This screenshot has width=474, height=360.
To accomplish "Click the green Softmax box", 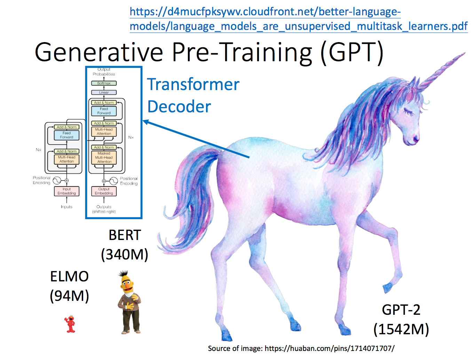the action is click(x=104, y=83).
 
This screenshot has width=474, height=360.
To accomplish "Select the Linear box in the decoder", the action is click(x=104, y=93).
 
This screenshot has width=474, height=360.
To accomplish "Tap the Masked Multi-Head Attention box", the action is click(x=104, y=157).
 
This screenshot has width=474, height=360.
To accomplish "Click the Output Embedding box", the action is click(x=104, y=191).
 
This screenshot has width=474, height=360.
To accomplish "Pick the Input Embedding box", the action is click(x=66, y=191).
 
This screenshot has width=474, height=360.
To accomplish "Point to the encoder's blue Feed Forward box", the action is click(x=66, y=135).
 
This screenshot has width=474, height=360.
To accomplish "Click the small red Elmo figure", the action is click(x=70, y=324).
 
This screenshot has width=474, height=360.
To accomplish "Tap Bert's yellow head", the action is click(x=127, y=283).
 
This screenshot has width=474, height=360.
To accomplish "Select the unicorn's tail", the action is click(x=190, y=199).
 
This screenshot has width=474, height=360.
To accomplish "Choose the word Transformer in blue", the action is click(x=193, y=85).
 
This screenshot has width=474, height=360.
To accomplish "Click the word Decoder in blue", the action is click(x=179, y=107).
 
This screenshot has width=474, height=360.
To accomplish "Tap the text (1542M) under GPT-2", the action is click(x=401, y=329).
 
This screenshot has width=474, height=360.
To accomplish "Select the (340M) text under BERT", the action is click(x=125, y=255).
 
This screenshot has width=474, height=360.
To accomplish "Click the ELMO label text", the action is click(x=69, y=277).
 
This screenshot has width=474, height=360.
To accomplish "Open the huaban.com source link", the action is click(x=330, y=348).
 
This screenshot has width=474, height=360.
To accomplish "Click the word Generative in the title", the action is click(x=98, y=53).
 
